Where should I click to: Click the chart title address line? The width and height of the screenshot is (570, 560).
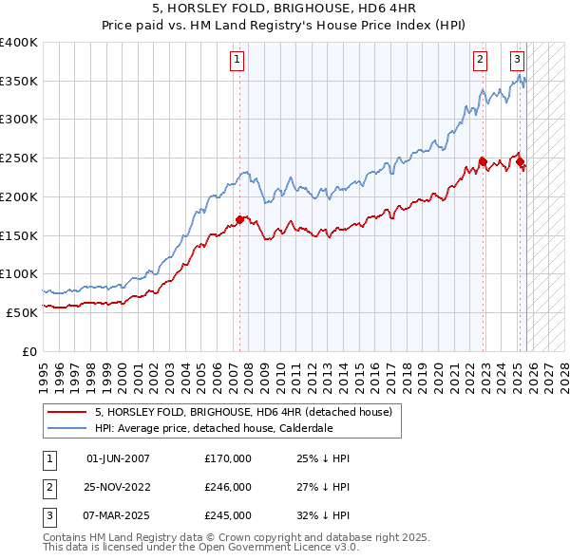pyautogui.click(x=284, y=9)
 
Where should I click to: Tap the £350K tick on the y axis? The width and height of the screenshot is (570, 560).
pyautogui.click(x=19, y=82)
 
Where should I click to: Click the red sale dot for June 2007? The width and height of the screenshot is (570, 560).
pyautogui.click(x=239, y=219)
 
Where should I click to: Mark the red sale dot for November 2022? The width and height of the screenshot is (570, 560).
pyautogui.click(x=483, y=161)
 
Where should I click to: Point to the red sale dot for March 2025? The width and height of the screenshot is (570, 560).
pyautogui.click(x=521, y=162)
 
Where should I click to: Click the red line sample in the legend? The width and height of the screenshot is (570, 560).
pyautogui.click(x=67, y=413)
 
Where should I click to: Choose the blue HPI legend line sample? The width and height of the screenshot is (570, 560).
pyautogui.click(x=67, y=428)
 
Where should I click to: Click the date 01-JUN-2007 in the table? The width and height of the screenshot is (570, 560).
pyautogui.click(x=118, y=458)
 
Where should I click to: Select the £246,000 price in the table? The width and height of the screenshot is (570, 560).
pyautogui.click(x=228, y=487)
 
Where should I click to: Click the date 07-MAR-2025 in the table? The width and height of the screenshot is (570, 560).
pyautogui.click(x=118, y=515)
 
